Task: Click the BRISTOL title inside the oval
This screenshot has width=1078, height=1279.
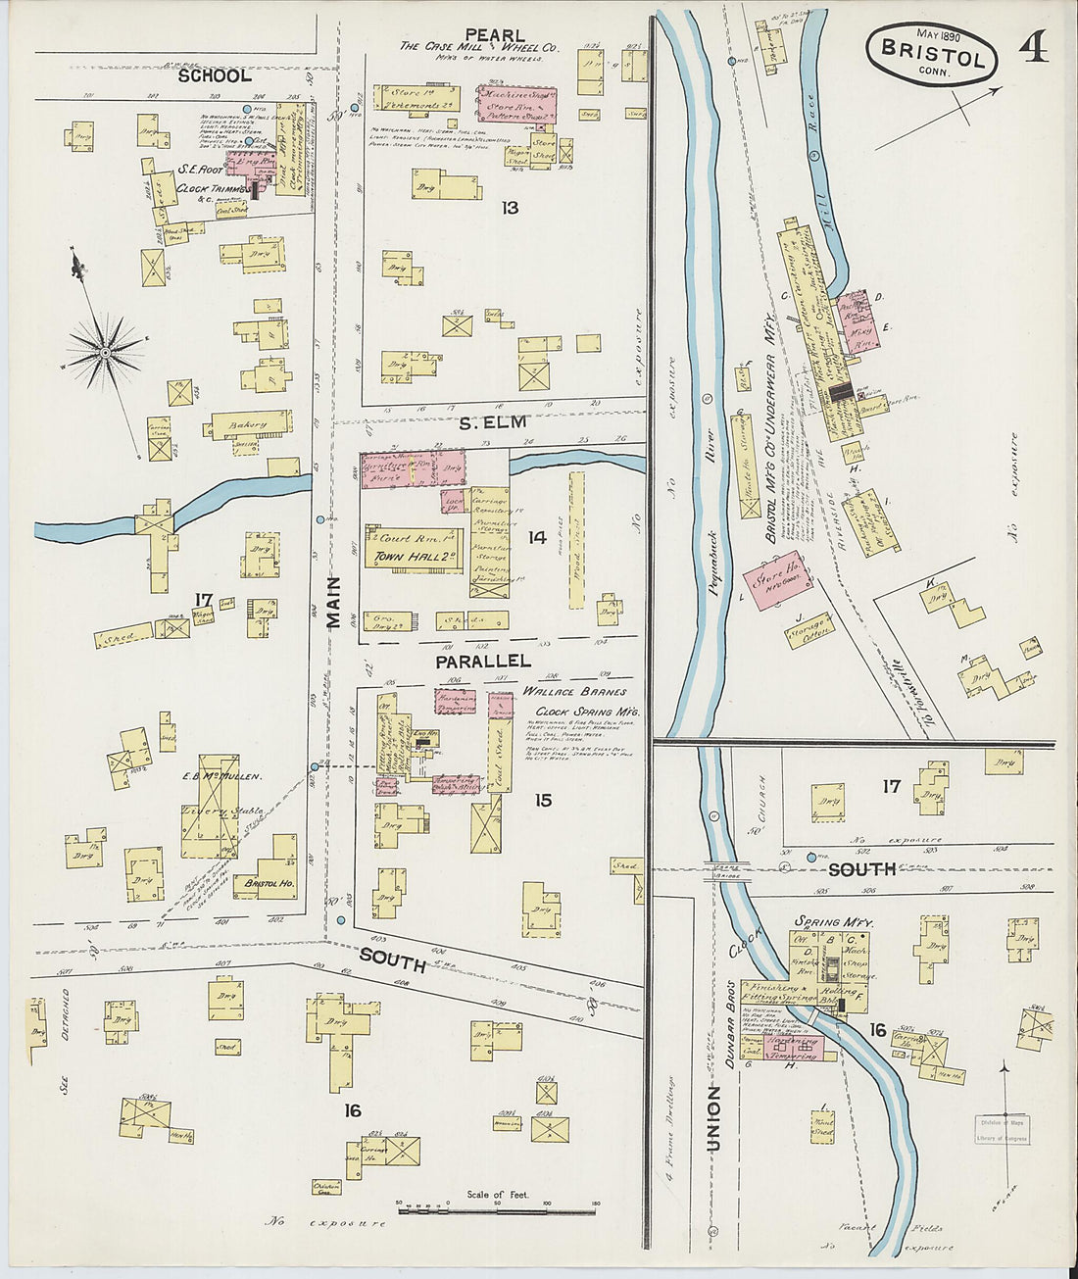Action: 932,55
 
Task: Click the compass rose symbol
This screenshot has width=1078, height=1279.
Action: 105,350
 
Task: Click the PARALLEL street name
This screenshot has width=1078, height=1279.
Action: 483,662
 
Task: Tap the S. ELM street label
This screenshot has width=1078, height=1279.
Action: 494,422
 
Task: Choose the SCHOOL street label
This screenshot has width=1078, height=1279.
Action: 215,75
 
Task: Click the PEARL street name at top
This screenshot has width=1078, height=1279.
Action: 495,35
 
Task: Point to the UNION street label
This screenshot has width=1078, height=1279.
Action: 713,1118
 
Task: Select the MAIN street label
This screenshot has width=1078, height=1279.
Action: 333,603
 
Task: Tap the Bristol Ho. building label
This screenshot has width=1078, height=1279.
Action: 264,882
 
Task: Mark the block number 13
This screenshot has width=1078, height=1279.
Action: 509,208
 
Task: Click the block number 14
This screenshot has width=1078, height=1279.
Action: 536,537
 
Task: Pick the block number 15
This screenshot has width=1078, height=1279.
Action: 542,801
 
